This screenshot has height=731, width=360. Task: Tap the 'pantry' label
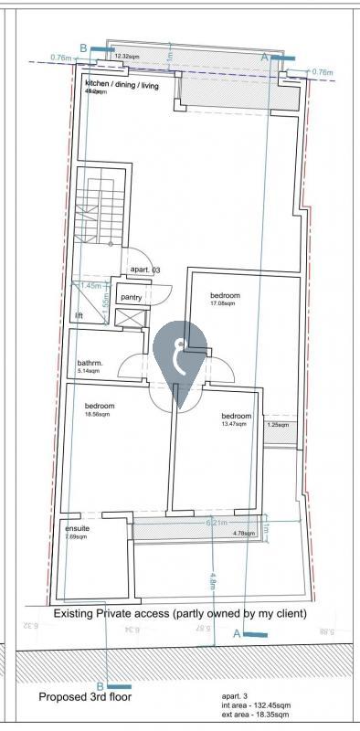click(x=132, y=297)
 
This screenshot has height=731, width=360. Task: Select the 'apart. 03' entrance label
click(x=145, y=270)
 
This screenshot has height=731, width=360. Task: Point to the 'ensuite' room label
click(x=77, y=528)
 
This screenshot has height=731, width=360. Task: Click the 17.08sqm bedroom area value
click(x=223, y=304)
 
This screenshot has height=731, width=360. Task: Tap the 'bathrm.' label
click(x=90, y=363)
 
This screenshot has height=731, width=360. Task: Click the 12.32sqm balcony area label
click(x=127, y=57)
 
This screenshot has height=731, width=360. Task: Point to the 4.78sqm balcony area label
click(x=244, y=533)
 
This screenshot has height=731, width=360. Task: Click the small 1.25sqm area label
click(x=278, y=425)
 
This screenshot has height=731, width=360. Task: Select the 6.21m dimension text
click(x=216, y=523)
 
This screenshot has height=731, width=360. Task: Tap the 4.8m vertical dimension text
click(x=212, y=582)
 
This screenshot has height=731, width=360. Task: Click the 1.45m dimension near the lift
click(x=91, y=286)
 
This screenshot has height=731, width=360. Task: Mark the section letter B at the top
click(x=84, y=48)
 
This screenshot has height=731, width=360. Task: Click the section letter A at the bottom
click(x=237, y=633)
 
